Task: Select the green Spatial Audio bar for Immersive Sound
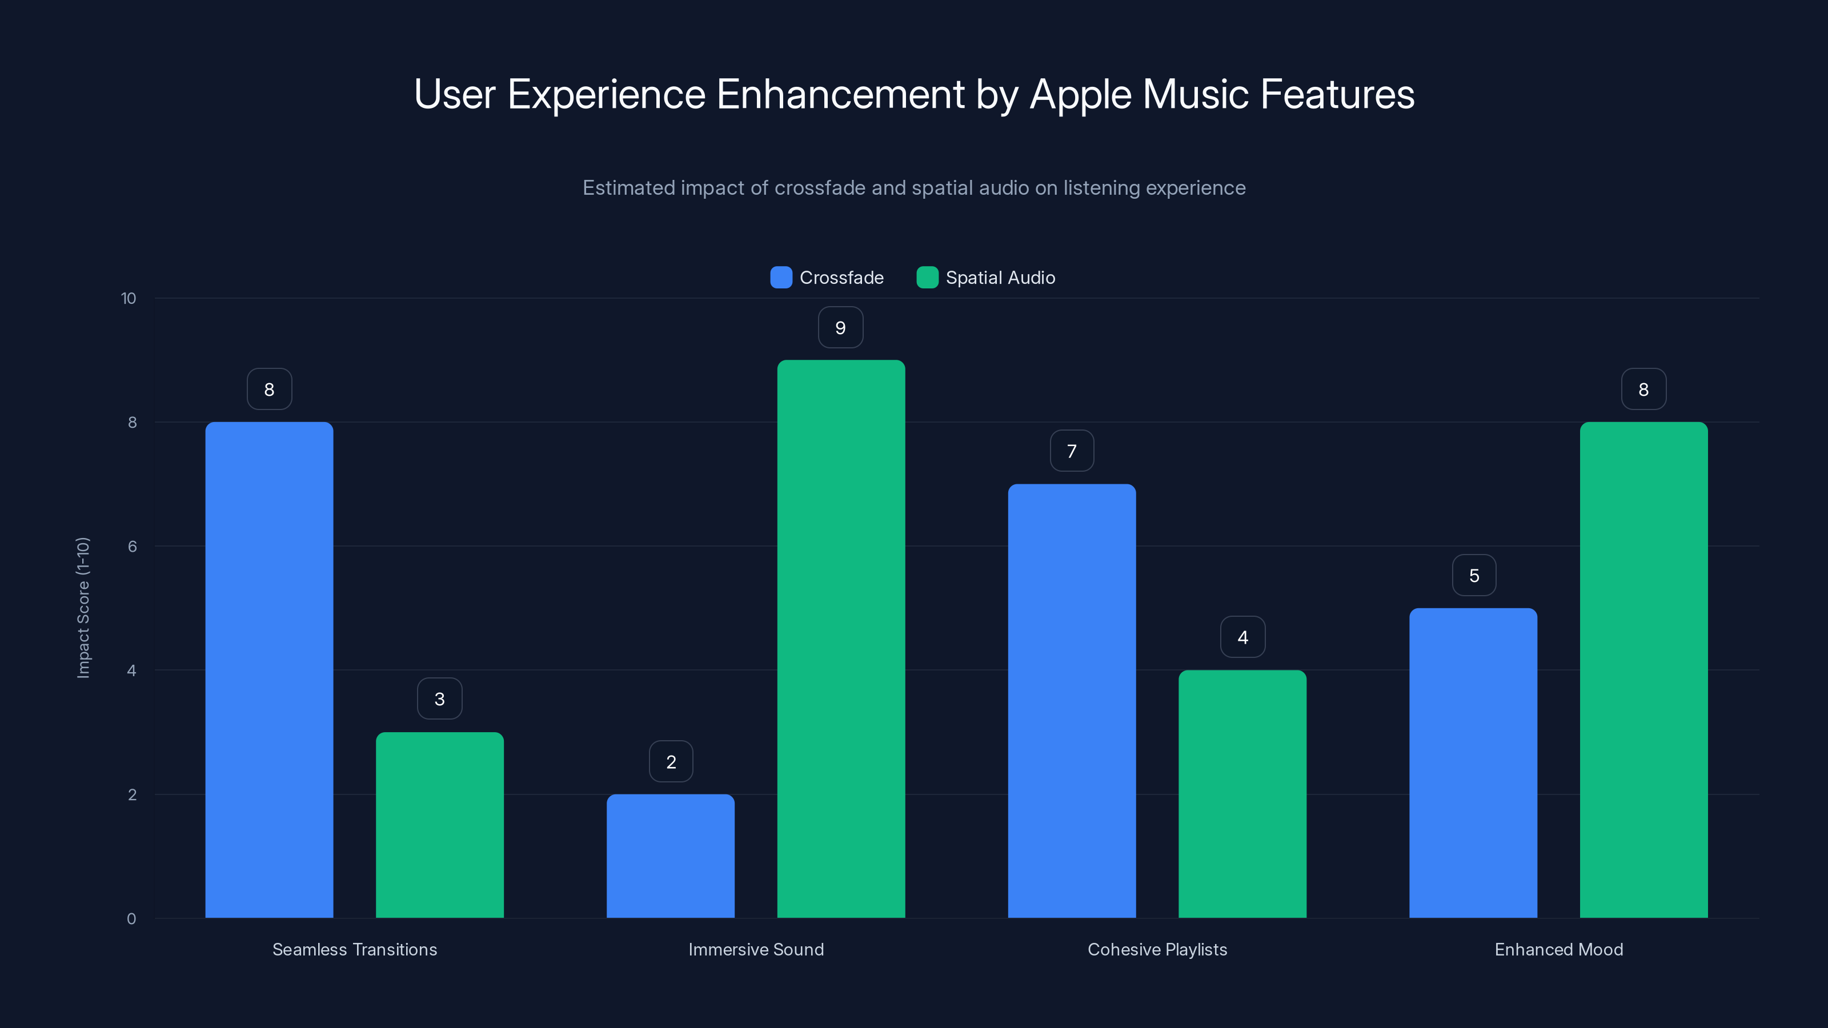point(841,639)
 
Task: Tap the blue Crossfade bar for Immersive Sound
point(671,856)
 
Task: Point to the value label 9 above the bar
point(840,328)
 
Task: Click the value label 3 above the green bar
point(439,699)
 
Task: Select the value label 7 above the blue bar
point(1072,451)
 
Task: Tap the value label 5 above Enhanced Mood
point(1474,575)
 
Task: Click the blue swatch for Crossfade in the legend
point(780,278)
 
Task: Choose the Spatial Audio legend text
point(1000,278)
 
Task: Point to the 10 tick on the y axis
point(129,298)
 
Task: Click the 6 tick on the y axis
point(132,547)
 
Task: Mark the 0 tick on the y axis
point(131,919)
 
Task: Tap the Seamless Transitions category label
point(355,949)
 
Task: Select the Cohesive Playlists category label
point(1157,949)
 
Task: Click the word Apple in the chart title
point(1080,94)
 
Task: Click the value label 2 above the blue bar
point(671,762)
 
